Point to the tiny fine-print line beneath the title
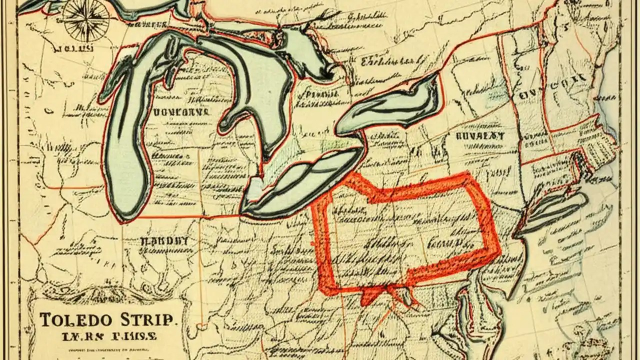point(107,347)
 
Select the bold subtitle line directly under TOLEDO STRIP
point(107,336)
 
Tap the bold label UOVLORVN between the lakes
point(174,111)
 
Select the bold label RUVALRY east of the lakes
point(480,135)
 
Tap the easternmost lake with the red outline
point(390,107)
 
